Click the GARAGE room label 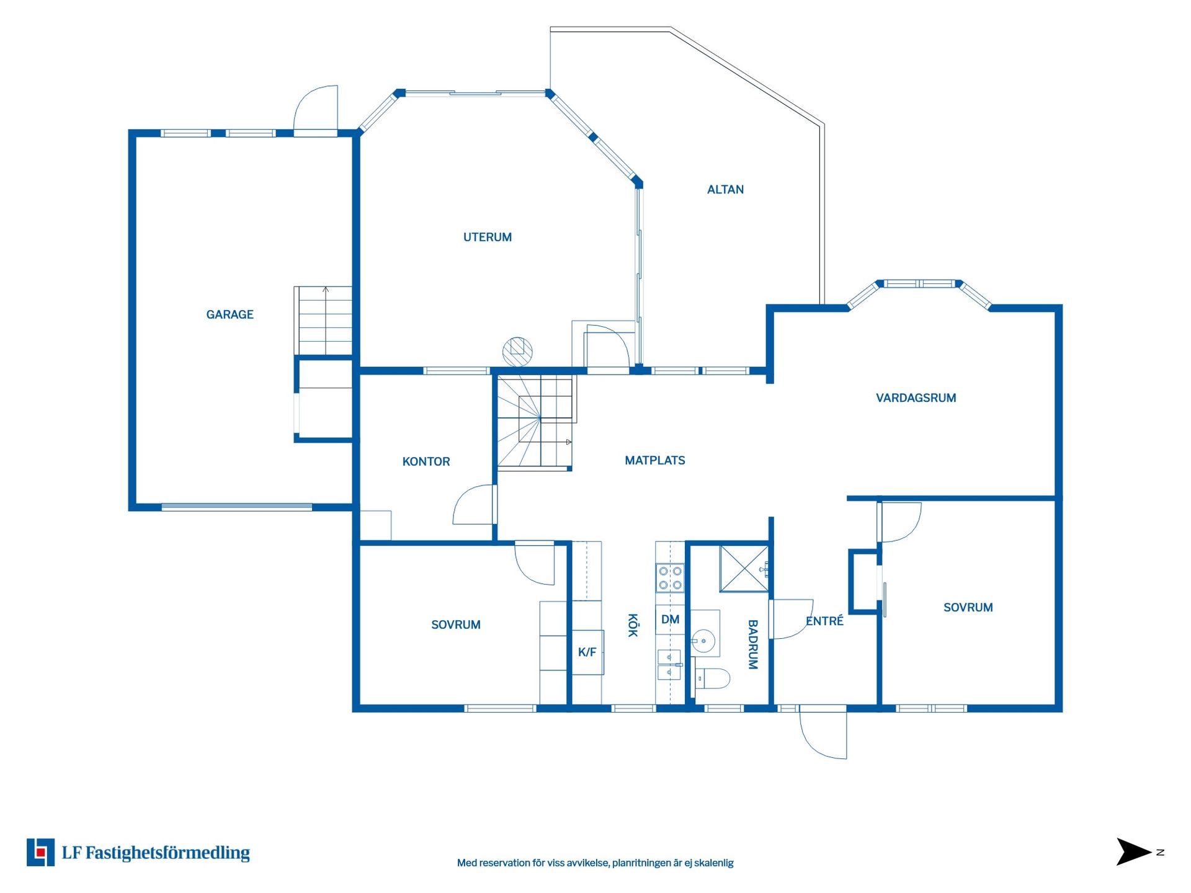[230, 314]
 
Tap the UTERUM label [488, 237]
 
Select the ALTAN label [725, 190]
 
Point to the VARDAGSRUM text [916, 398]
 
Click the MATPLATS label [654, 460]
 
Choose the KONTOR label [426, 461]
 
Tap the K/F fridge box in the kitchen [587, 652]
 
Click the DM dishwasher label [670, 620]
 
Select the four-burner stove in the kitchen [670, 577]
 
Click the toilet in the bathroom [712, 678]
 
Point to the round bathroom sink [703, 641]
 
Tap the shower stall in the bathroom [744, 569]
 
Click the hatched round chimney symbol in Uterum [517, 352]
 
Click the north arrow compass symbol [1133, 852]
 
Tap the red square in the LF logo [41, 853]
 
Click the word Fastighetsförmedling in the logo [167, 853]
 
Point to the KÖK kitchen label [633, 625]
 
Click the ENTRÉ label [824, 621]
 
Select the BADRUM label [752, 644]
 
